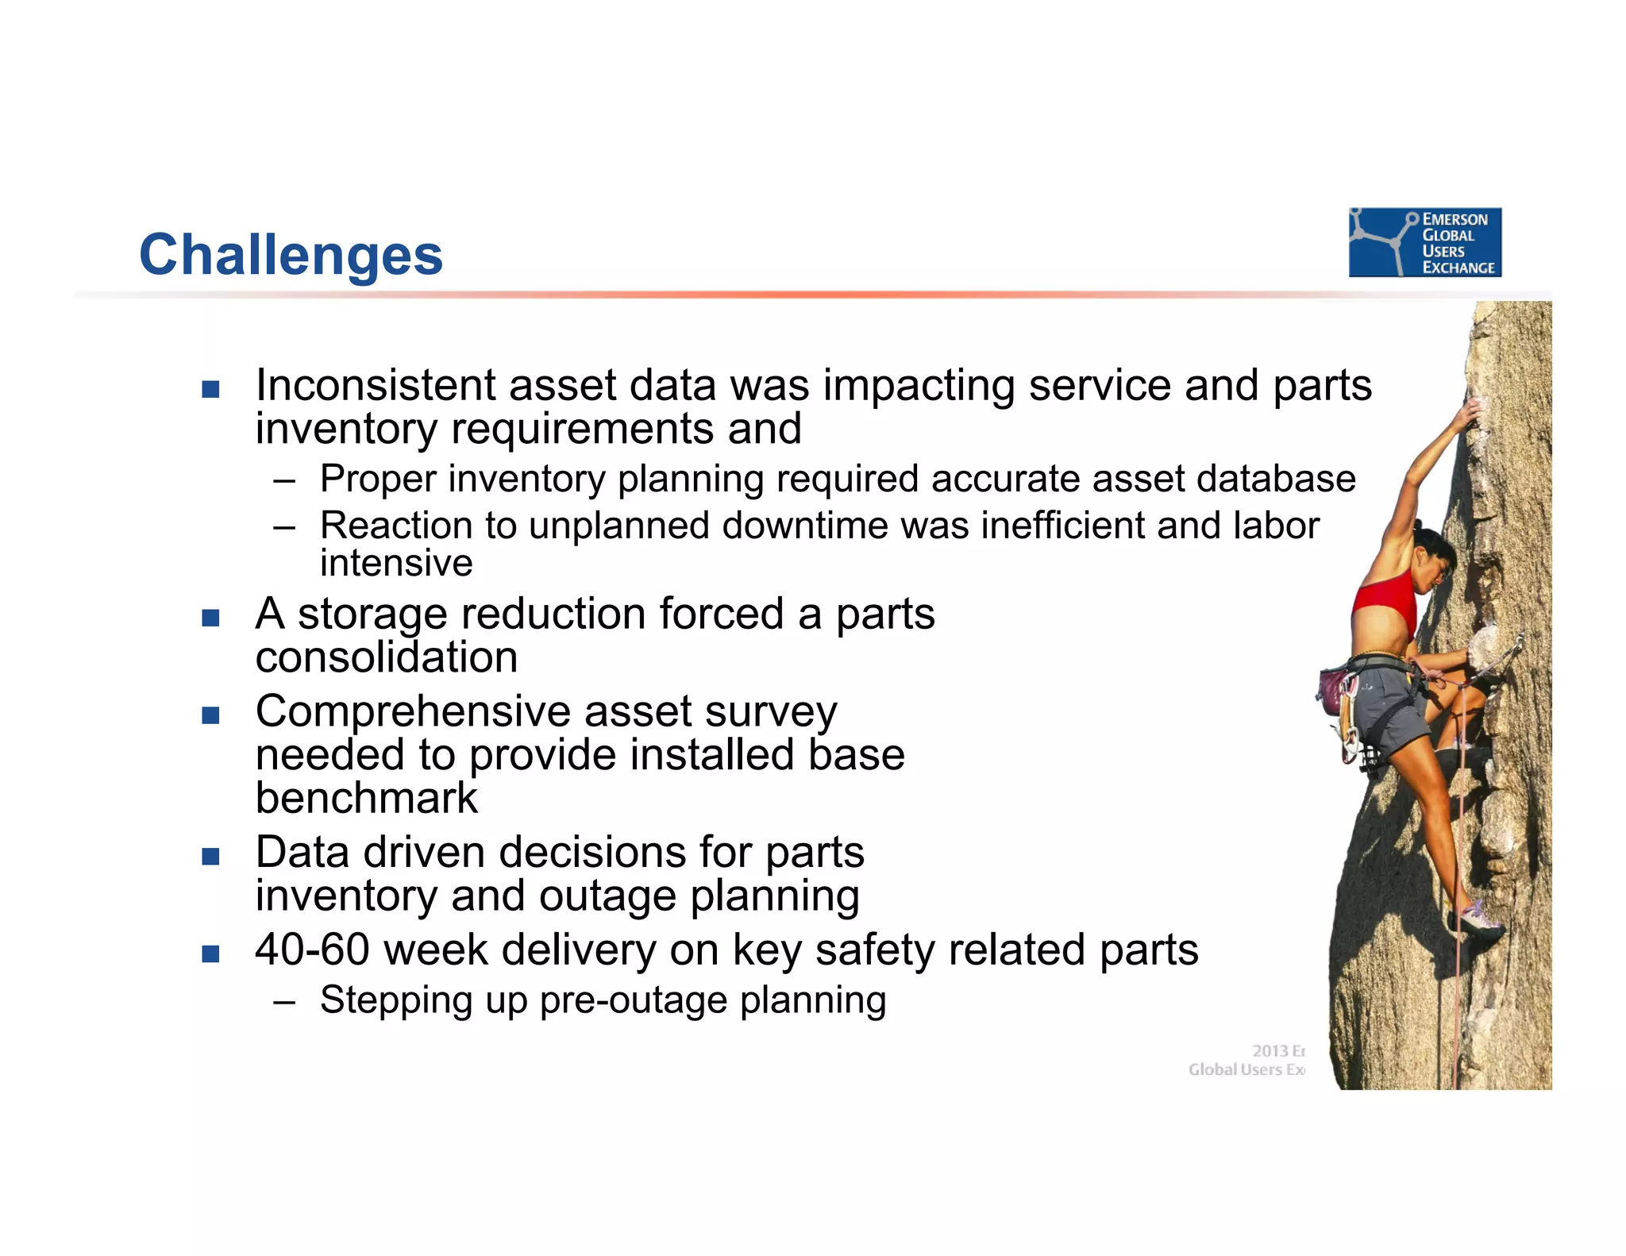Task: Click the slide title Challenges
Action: pos(291,255)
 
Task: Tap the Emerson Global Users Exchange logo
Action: pos(1424,242)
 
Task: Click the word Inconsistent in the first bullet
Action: pos(375,386)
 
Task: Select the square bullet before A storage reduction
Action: pos(210,618)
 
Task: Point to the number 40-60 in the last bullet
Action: pos(311,950)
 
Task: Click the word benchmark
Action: pos(366,798)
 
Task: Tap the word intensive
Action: pos(396,563)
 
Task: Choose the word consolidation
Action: pos(386,657)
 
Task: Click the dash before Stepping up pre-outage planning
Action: pos(284,1001)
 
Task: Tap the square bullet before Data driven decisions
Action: pos(210,856)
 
